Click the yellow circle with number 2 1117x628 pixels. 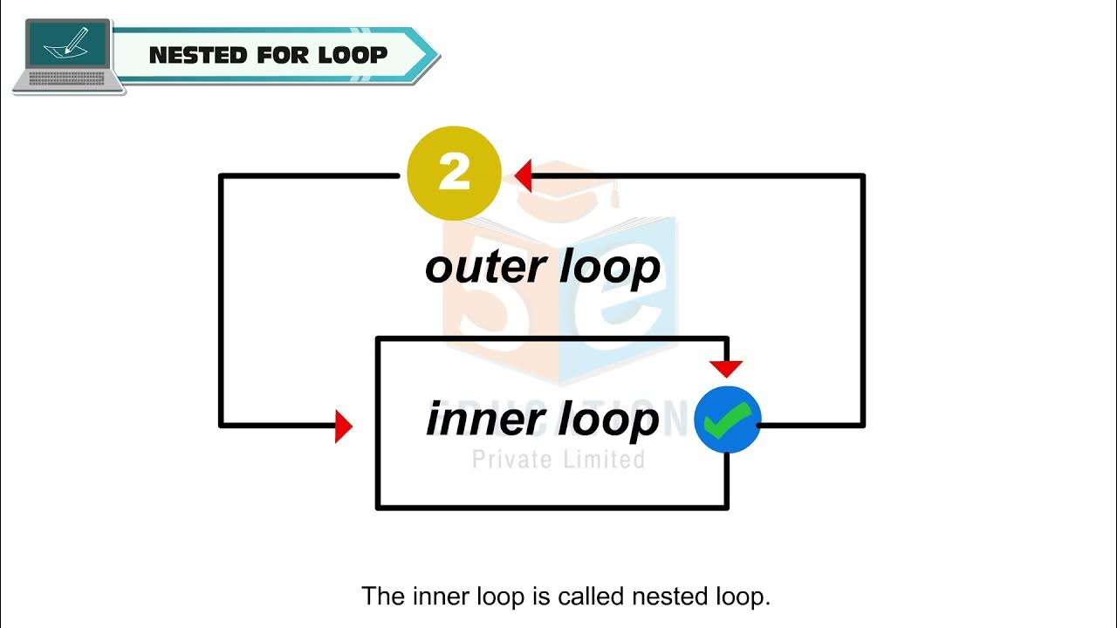pos(454,173)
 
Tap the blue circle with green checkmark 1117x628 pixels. pos(728,420)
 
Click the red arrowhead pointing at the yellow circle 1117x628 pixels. pos(523,175)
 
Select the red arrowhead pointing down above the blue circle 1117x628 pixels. pos(726,369)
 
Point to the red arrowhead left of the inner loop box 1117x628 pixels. pos(344,427)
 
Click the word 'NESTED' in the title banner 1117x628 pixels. pos(198,55)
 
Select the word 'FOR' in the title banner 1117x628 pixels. pos(283,55)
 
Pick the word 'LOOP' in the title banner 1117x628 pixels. pos(353,55)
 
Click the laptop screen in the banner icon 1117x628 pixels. pos(68,44)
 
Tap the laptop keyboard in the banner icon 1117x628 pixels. pos(67,78)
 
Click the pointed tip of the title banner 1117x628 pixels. pos(439,55)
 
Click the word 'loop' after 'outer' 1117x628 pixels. pos(610,270)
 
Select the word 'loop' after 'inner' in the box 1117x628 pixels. pos(608,420)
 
